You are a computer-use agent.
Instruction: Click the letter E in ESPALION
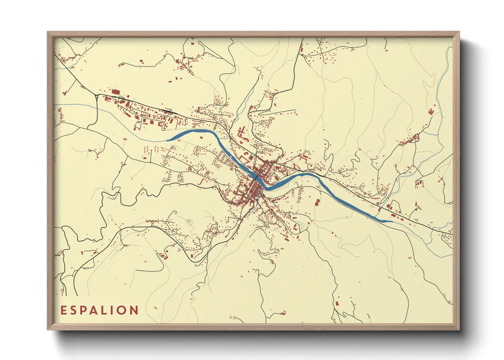(x=63, y=310)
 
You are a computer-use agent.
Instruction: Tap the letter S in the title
(x=75, y=310)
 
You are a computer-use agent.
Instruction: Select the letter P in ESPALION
(x=86, y=310)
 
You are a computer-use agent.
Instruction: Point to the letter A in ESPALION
(x=98, y=310)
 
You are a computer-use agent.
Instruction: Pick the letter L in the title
(x=110, y=310)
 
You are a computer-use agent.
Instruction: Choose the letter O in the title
(x=125, y=310)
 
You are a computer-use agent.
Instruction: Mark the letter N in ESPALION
(x=135, y=310)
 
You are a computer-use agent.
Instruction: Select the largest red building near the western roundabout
(x=116, y=92)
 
